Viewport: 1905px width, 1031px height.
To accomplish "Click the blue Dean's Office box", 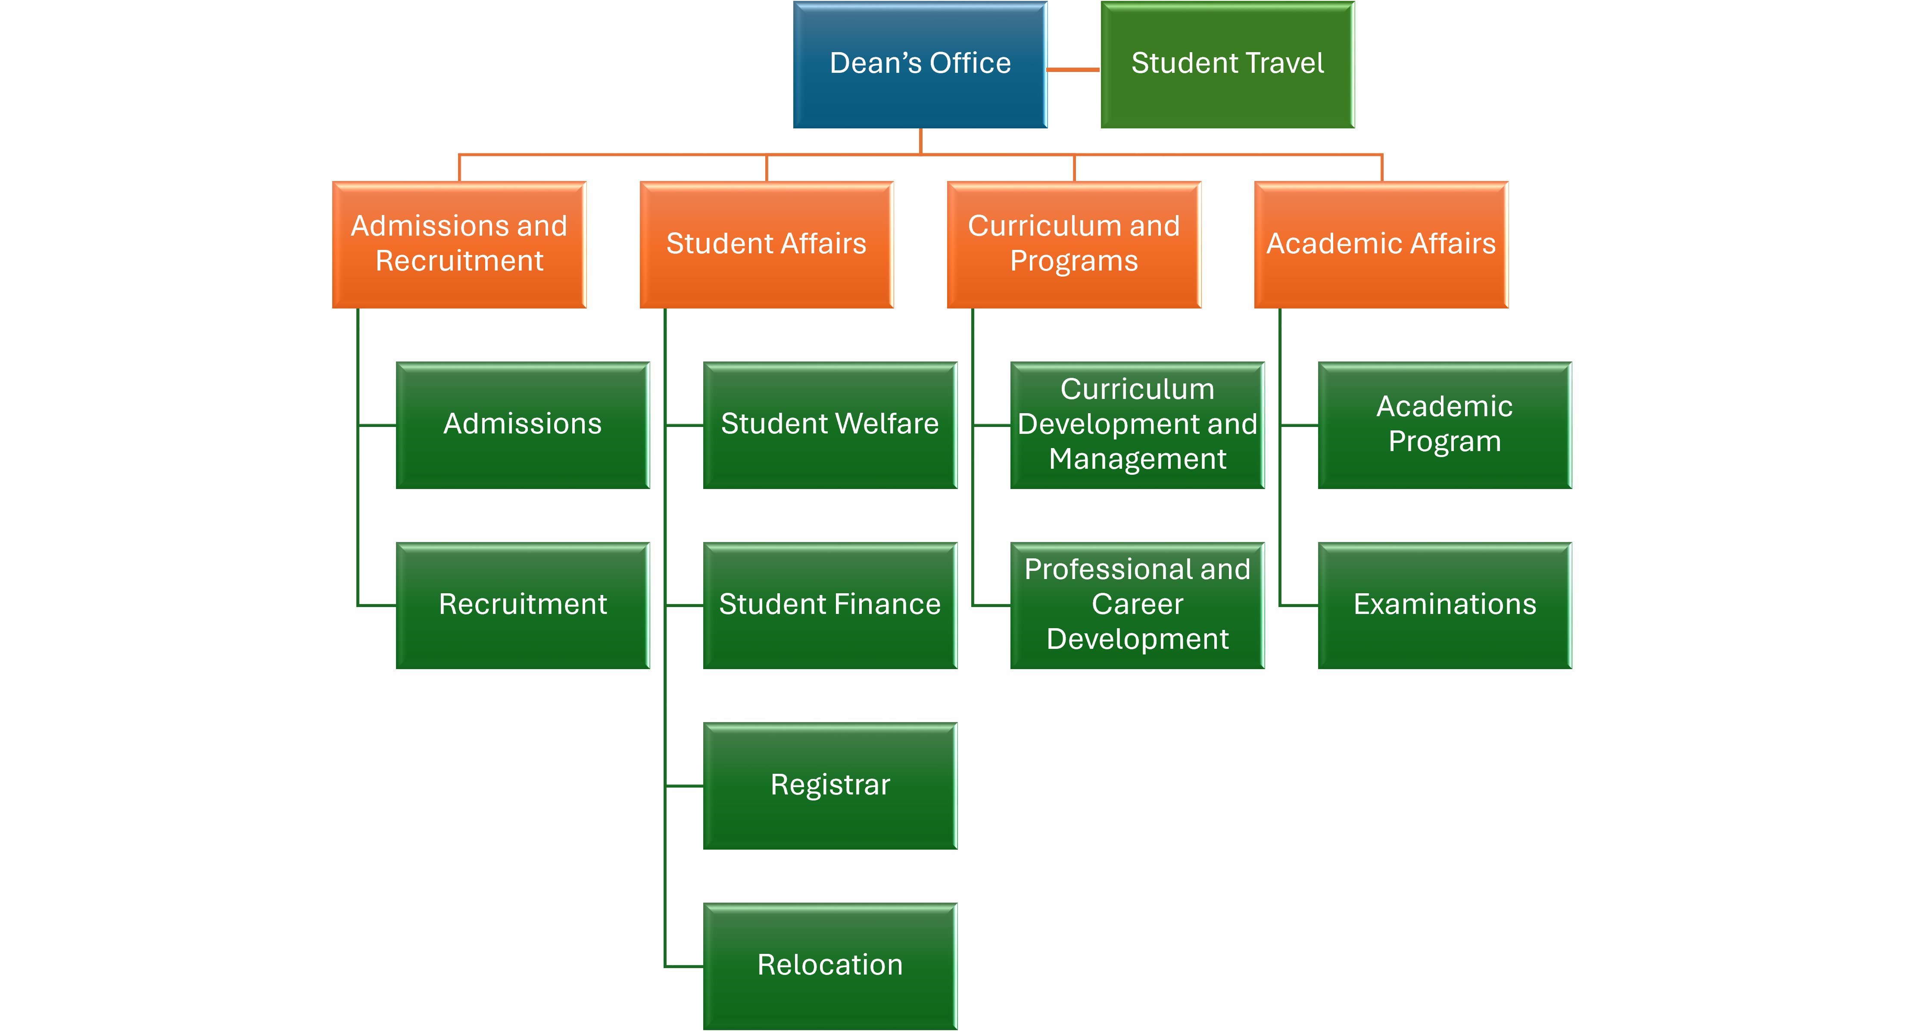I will [x=920, y=64].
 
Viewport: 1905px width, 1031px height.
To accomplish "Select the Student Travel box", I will [x=1228, y=64].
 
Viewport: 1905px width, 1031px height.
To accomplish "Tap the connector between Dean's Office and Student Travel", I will [x=1074, y=69].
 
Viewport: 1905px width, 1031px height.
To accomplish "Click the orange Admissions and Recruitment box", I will [x=459, y=244].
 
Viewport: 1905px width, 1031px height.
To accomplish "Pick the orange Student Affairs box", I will [x=766, y=244].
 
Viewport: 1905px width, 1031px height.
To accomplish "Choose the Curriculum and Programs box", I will [x=1074, y=244].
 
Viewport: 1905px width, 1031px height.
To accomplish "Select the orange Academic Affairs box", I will [x=1381, y=244].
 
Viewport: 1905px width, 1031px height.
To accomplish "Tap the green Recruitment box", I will [x=523, y=605].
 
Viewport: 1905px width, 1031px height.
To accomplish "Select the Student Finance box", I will [x=830, y=605].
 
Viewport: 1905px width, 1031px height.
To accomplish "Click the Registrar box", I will [x=830, y=785].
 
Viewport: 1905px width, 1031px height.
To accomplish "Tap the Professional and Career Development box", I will [x=1138, y=605].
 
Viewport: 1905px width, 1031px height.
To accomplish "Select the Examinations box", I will [x=1444, y=605].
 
